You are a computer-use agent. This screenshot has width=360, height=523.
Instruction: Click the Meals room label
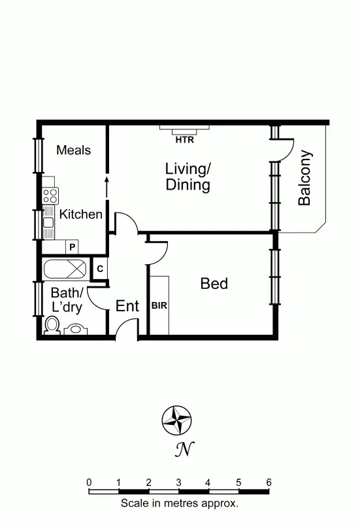73,150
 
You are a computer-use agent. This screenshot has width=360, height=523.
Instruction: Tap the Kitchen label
81,214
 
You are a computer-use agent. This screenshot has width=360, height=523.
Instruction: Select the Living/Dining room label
188,177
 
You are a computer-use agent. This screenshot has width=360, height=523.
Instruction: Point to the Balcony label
305,178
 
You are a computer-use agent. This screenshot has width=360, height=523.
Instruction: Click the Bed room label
214,284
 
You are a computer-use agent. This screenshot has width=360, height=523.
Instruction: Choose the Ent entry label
127,306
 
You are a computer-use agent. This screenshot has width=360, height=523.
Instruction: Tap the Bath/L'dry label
67,299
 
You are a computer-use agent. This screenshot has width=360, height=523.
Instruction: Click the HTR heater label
184,139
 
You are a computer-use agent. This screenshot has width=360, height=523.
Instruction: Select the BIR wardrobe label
159,305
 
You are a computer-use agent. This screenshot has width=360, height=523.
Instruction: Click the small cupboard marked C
99,269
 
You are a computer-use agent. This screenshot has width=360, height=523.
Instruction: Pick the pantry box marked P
73,247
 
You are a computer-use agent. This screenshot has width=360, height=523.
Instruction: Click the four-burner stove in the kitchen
50,195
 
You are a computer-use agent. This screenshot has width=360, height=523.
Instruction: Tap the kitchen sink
49,222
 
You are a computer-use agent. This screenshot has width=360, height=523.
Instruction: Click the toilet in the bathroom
52,326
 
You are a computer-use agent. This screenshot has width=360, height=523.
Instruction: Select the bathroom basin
76,329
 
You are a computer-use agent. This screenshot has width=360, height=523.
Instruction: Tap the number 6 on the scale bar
269,482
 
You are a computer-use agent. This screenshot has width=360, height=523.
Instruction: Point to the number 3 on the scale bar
178,482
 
